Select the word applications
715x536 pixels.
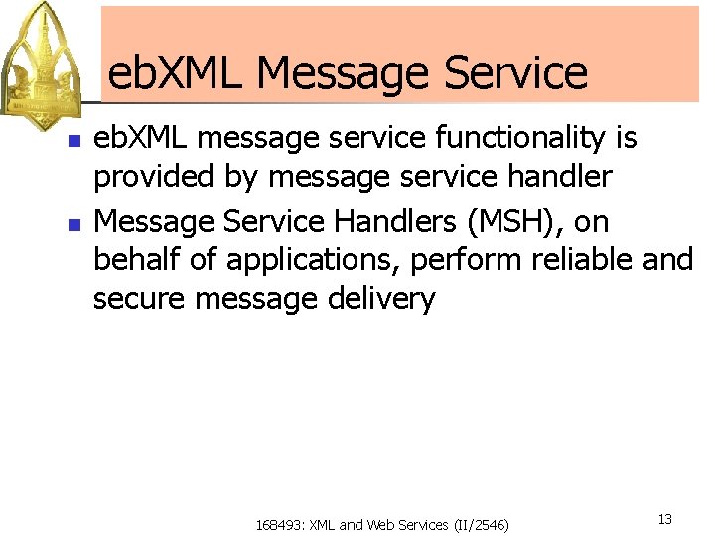[x=313, y=261]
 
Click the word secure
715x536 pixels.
[x=140, y=299]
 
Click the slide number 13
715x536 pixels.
[x=665, y=519]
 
